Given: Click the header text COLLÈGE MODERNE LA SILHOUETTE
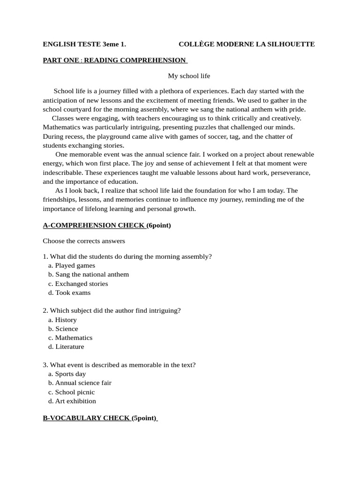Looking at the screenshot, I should pos(247,45).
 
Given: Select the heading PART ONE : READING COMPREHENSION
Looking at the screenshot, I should pos(115,60).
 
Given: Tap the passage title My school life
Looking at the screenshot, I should pos(189,75).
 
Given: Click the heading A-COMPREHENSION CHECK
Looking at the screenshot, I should pos(94,225).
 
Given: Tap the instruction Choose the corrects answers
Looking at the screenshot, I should pos(84,241).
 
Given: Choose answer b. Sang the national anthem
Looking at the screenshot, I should pos(89,275).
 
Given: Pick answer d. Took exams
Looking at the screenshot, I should pos(69,293).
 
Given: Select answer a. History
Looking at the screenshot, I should pos(62,320).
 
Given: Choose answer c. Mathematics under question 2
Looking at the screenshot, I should pos(70,338).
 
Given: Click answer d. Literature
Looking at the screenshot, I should pos(66,347).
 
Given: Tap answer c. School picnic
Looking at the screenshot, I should pos(71,392).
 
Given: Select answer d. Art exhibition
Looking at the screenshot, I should pos(72,401).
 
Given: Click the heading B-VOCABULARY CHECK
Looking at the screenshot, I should pos(87,418).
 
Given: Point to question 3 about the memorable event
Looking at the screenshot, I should pos(119,365).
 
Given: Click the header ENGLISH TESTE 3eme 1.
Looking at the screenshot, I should pos(84,45).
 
